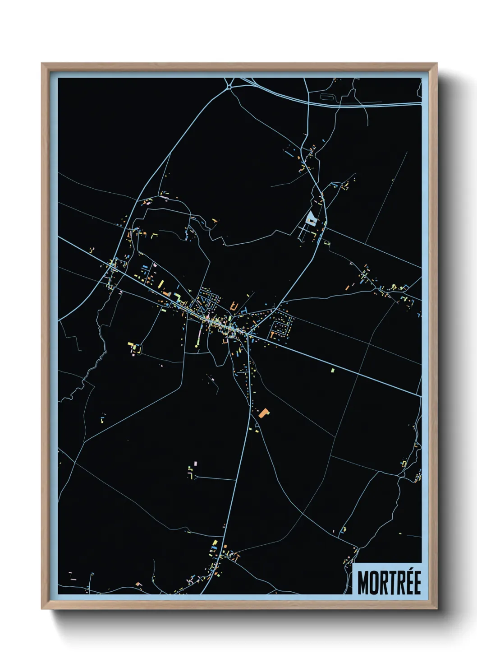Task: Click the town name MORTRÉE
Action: pos(389,582)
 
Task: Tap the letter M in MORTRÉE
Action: pos(363,583)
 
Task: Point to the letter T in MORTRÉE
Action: pos(394,583)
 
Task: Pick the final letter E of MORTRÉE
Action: pos(417,583)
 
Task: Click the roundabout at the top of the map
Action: pos(229,85)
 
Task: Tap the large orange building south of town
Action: pos(264,412)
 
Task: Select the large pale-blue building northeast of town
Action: pos(311,218)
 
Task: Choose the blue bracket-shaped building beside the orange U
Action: pos(244,311)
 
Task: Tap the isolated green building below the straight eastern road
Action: pos(333,370)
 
